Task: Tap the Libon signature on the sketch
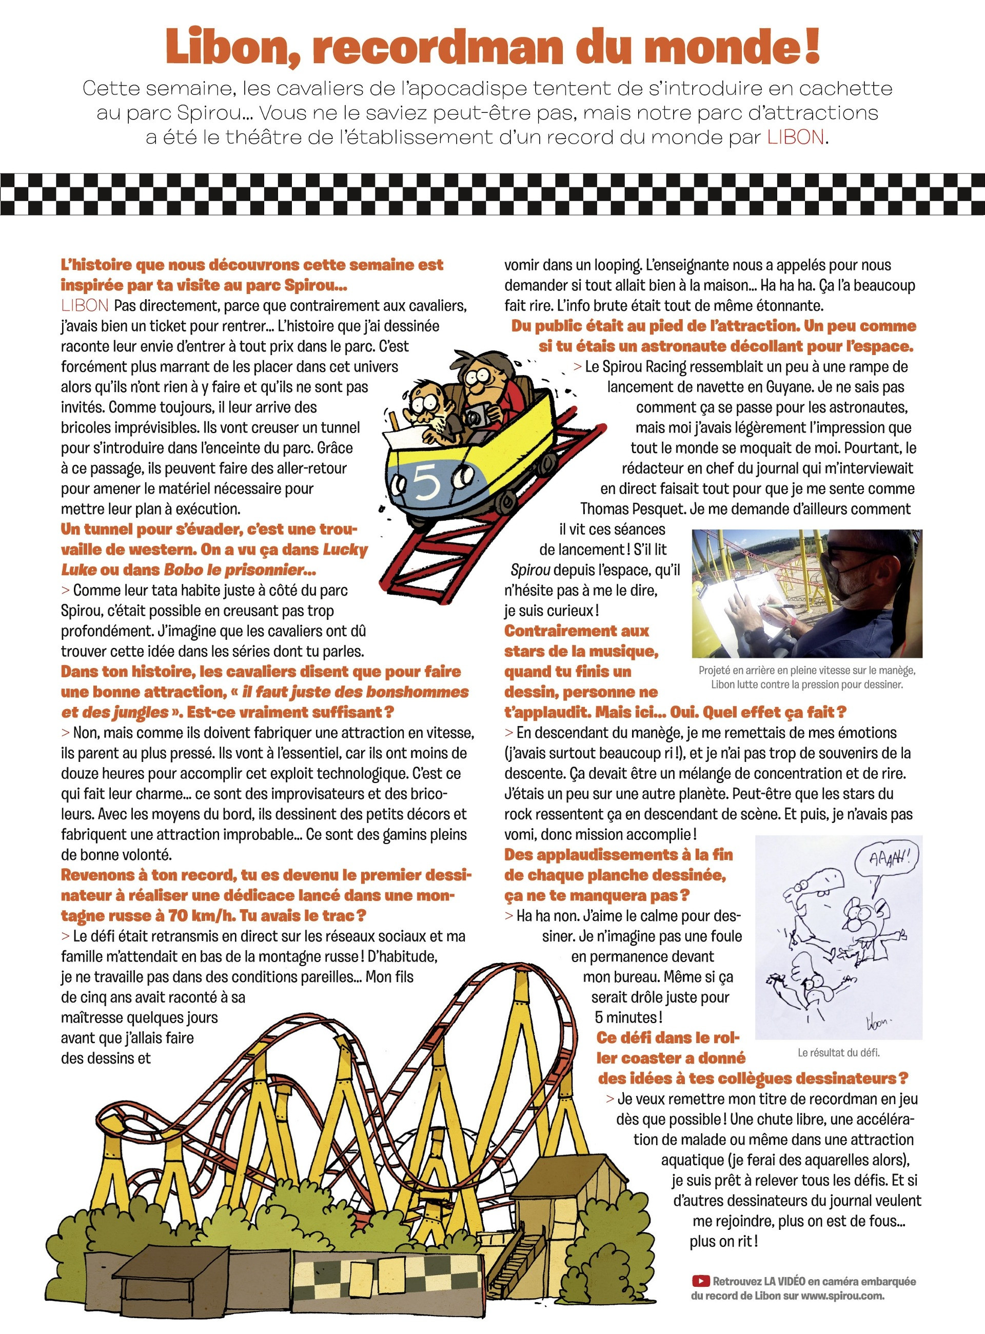coord(878,1023)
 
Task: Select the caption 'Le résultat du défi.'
coord(838,1052)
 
